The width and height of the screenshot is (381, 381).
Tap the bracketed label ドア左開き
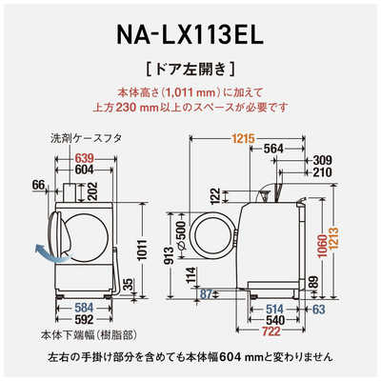190,70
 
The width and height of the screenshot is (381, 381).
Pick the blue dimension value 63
316,308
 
